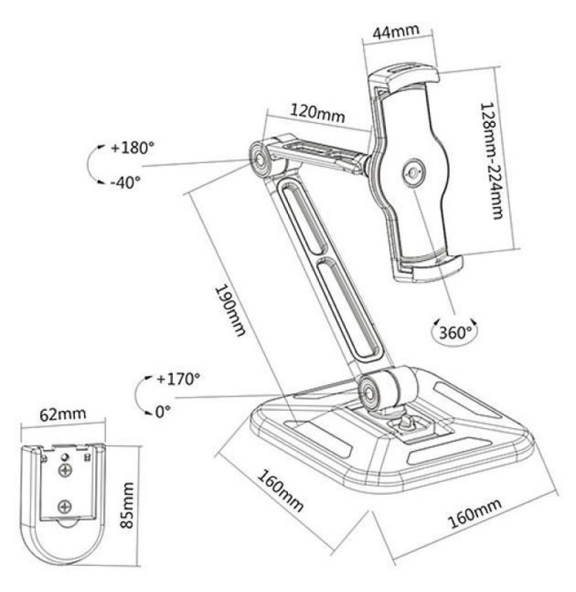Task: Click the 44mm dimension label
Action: coord(396,32)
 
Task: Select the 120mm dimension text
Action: coord(318,112)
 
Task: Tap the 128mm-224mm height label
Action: coord(492,160)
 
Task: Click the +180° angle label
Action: coord(132,147)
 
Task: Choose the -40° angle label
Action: coord(125,183)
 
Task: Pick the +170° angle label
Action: coord(178,378)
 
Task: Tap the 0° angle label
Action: coord(163,411)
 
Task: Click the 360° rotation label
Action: coord(455,332)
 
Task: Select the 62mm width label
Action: coord(63,415)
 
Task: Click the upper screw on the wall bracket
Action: coord(66,470)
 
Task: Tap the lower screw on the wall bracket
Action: coord(66,506)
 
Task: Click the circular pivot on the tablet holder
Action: coord(414,173)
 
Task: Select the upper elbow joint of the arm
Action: coord(261,159)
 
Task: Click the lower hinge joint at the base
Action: coord(368,393)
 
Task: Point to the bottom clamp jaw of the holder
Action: coord(428,268)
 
